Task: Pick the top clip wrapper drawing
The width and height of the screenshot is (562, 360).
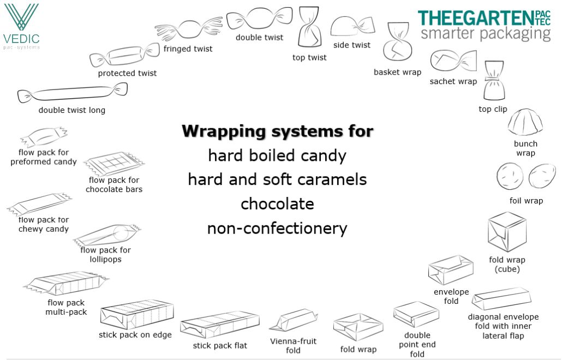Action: pos(494,80)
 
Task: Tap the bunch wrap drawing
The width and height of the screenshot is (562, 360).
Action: pos(525,122)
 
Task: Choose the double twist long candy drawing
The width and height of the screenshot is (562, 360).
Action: pos(72,93)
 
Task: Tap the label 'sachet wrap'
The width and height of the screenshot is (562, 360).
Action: pos(453,81)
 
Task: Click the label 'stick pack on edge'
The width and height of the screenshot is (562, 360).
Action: pos(135,335)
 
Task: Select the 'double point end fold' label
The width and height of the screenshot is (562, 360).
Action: pos(417,345)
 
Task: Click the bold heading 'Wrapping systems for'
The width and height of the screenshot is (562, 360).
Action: pos(277,131)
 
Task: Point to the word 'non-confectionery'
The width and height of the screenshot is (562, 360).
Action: pos(277,228)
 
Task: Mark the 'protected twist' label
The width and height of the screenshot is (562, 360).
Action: pos(127,73)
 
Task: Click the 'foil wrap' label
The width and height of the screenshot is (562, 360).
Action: pos(526,201)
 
